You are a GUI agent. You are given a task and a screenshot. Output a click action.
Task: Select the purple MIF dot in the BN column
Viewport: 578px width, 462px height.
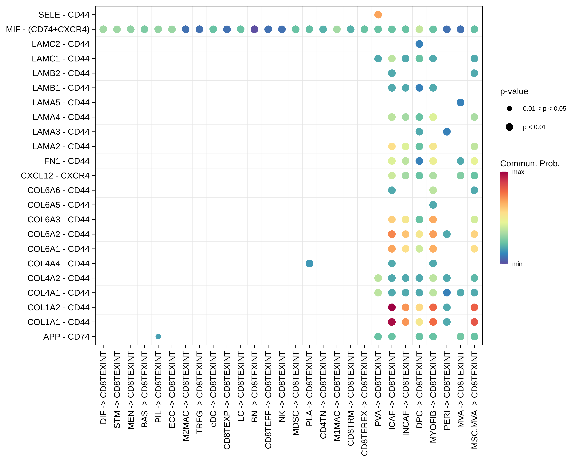tap(254, 29)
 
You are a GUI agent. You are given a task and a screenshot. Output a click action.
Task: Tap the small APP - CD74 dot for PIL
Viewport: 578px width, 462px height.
tap(158, 336)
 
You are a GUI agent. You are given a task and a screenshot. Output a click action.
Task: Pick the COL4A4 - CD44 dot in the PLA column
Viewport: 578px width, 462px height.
tap(309, 263)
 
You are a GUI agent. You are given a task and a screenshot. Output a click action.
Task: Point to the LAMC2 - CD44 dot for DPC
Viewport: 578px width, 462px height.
tap(419, 44)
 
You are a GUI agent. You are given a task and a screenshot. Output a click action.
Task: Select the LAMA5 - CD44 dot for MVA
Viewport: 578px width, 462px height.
tap(461, 102)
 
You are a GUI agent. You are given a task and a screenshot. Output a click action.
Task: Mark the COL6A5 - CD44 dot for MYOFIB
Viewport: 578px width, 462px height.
tap(433, 205)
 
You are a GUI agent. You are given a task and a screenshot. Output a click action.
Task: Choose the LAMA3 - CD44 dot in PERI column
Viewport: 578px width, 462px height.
tap(447, 132)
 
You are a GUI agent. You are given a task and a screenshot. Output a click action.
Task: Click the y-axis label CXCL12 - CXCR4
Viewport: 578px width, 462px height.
tap(55, 176)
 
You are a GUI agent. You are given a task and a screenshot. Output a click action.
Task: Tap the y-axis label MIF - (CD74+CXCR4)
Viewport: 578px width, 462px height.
tap(48, 29)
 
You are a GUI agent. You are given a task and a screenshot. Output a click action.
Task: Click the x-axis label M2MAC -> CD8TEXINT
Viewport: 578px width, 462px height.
tap(186, 396)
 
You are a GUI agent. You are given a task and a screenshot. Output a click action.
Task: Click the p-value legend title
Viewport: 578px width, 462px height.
tap(514, 91)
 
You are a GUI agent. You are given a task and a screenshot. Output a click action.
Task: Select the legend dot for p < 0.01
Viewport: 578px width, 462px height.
tap(509, 127)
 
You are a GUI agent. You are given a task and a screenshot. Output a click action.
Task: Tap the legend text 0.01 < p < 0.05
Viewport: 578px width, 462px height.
tap(544, 108)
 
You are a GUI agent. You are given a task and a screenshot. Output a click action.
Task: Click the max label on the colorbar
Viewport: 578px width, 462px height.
tap(518, 172)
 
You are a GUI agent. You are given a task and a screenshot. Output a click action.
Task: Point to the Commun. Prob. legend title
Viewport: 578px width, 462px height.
tap(530, 163)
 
